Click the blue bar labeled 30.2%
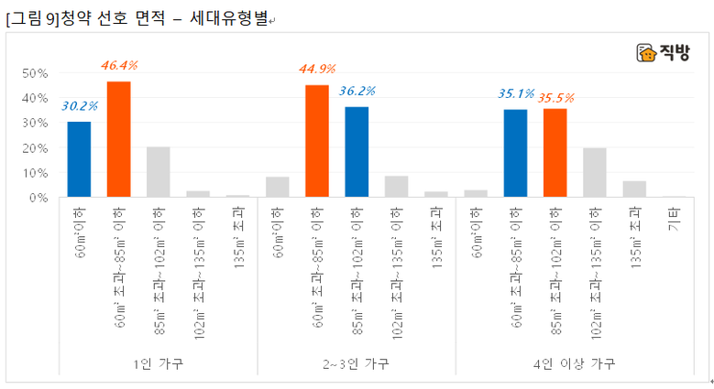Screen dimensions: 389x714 80,159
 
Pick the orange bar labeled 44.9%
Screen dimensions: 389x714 317,141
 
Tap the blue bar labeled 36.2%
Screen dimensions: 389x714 357,152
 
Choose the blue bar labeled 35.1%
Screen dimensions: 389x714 515,153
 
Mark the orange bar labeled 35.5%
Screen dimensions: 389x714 555,153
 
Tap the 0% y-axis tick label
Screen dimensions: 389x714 38,198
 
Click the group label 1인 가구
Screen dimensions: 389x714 159,363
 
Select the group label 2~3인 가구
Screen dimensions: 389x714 357,363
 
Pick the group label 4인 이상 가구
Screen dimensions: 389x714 575,363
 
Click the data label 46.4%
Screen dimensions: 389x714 119,66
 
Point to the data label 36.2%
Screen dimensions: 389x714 357,92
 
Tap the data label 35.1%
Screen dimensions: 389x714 516,93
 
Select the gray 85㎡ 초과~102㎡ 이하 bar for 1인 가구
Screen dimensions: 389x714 159,172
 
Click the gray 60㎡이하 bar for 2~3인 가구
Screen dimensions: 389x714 278,187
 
